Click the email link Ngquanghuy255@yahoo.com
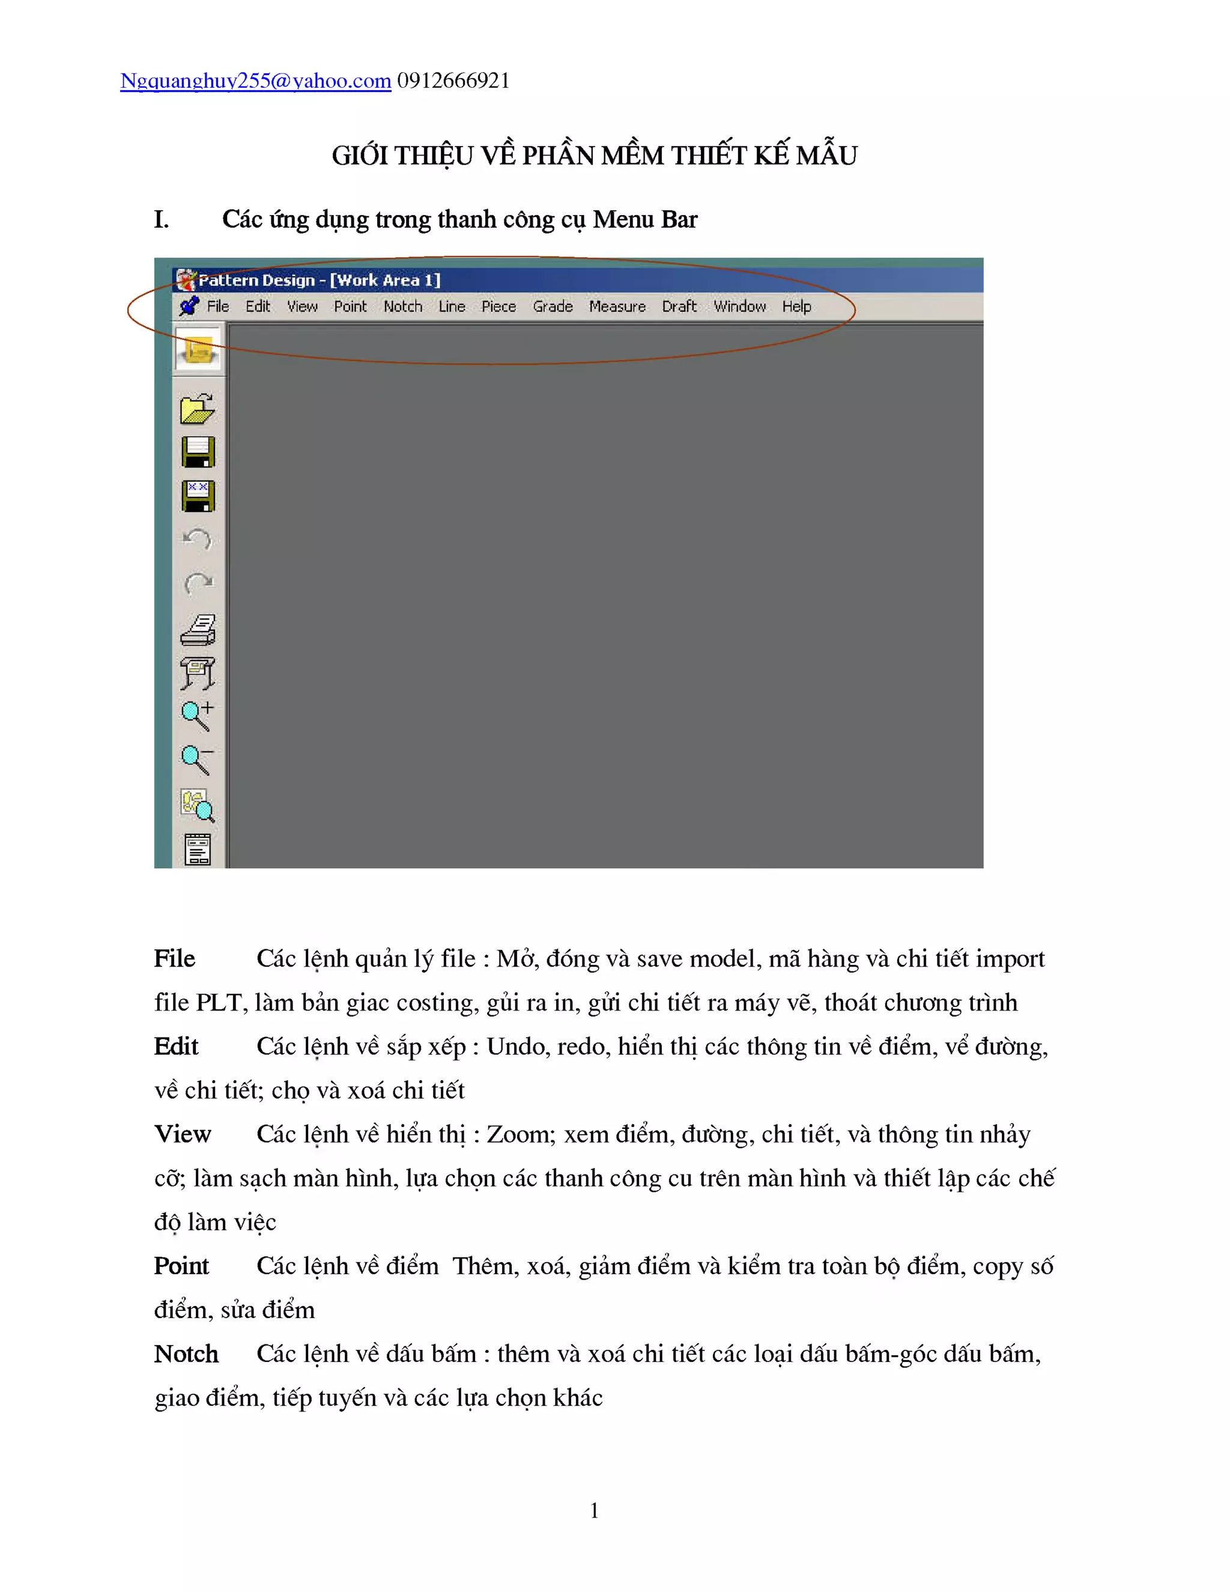[255, 81]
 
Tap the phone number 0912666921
[453, 81]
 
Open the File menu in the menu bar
[218, 307]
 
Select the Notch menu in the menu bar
[403, 307]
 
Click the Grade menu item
[553, 307]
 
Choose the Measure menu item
[617, 307]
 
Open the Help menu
[796, 307]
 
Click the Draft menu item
[679, 307]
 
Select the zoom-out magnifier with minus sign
[198, 759]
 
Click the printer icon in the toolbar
[198, 630]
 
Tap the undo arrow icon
[198, 539]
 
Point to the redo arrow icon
[198, 583]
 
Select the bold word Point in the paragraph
[181, 1266]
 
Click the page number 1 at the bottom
[595, 1510]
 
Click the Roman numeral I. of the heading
[162, 219]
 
